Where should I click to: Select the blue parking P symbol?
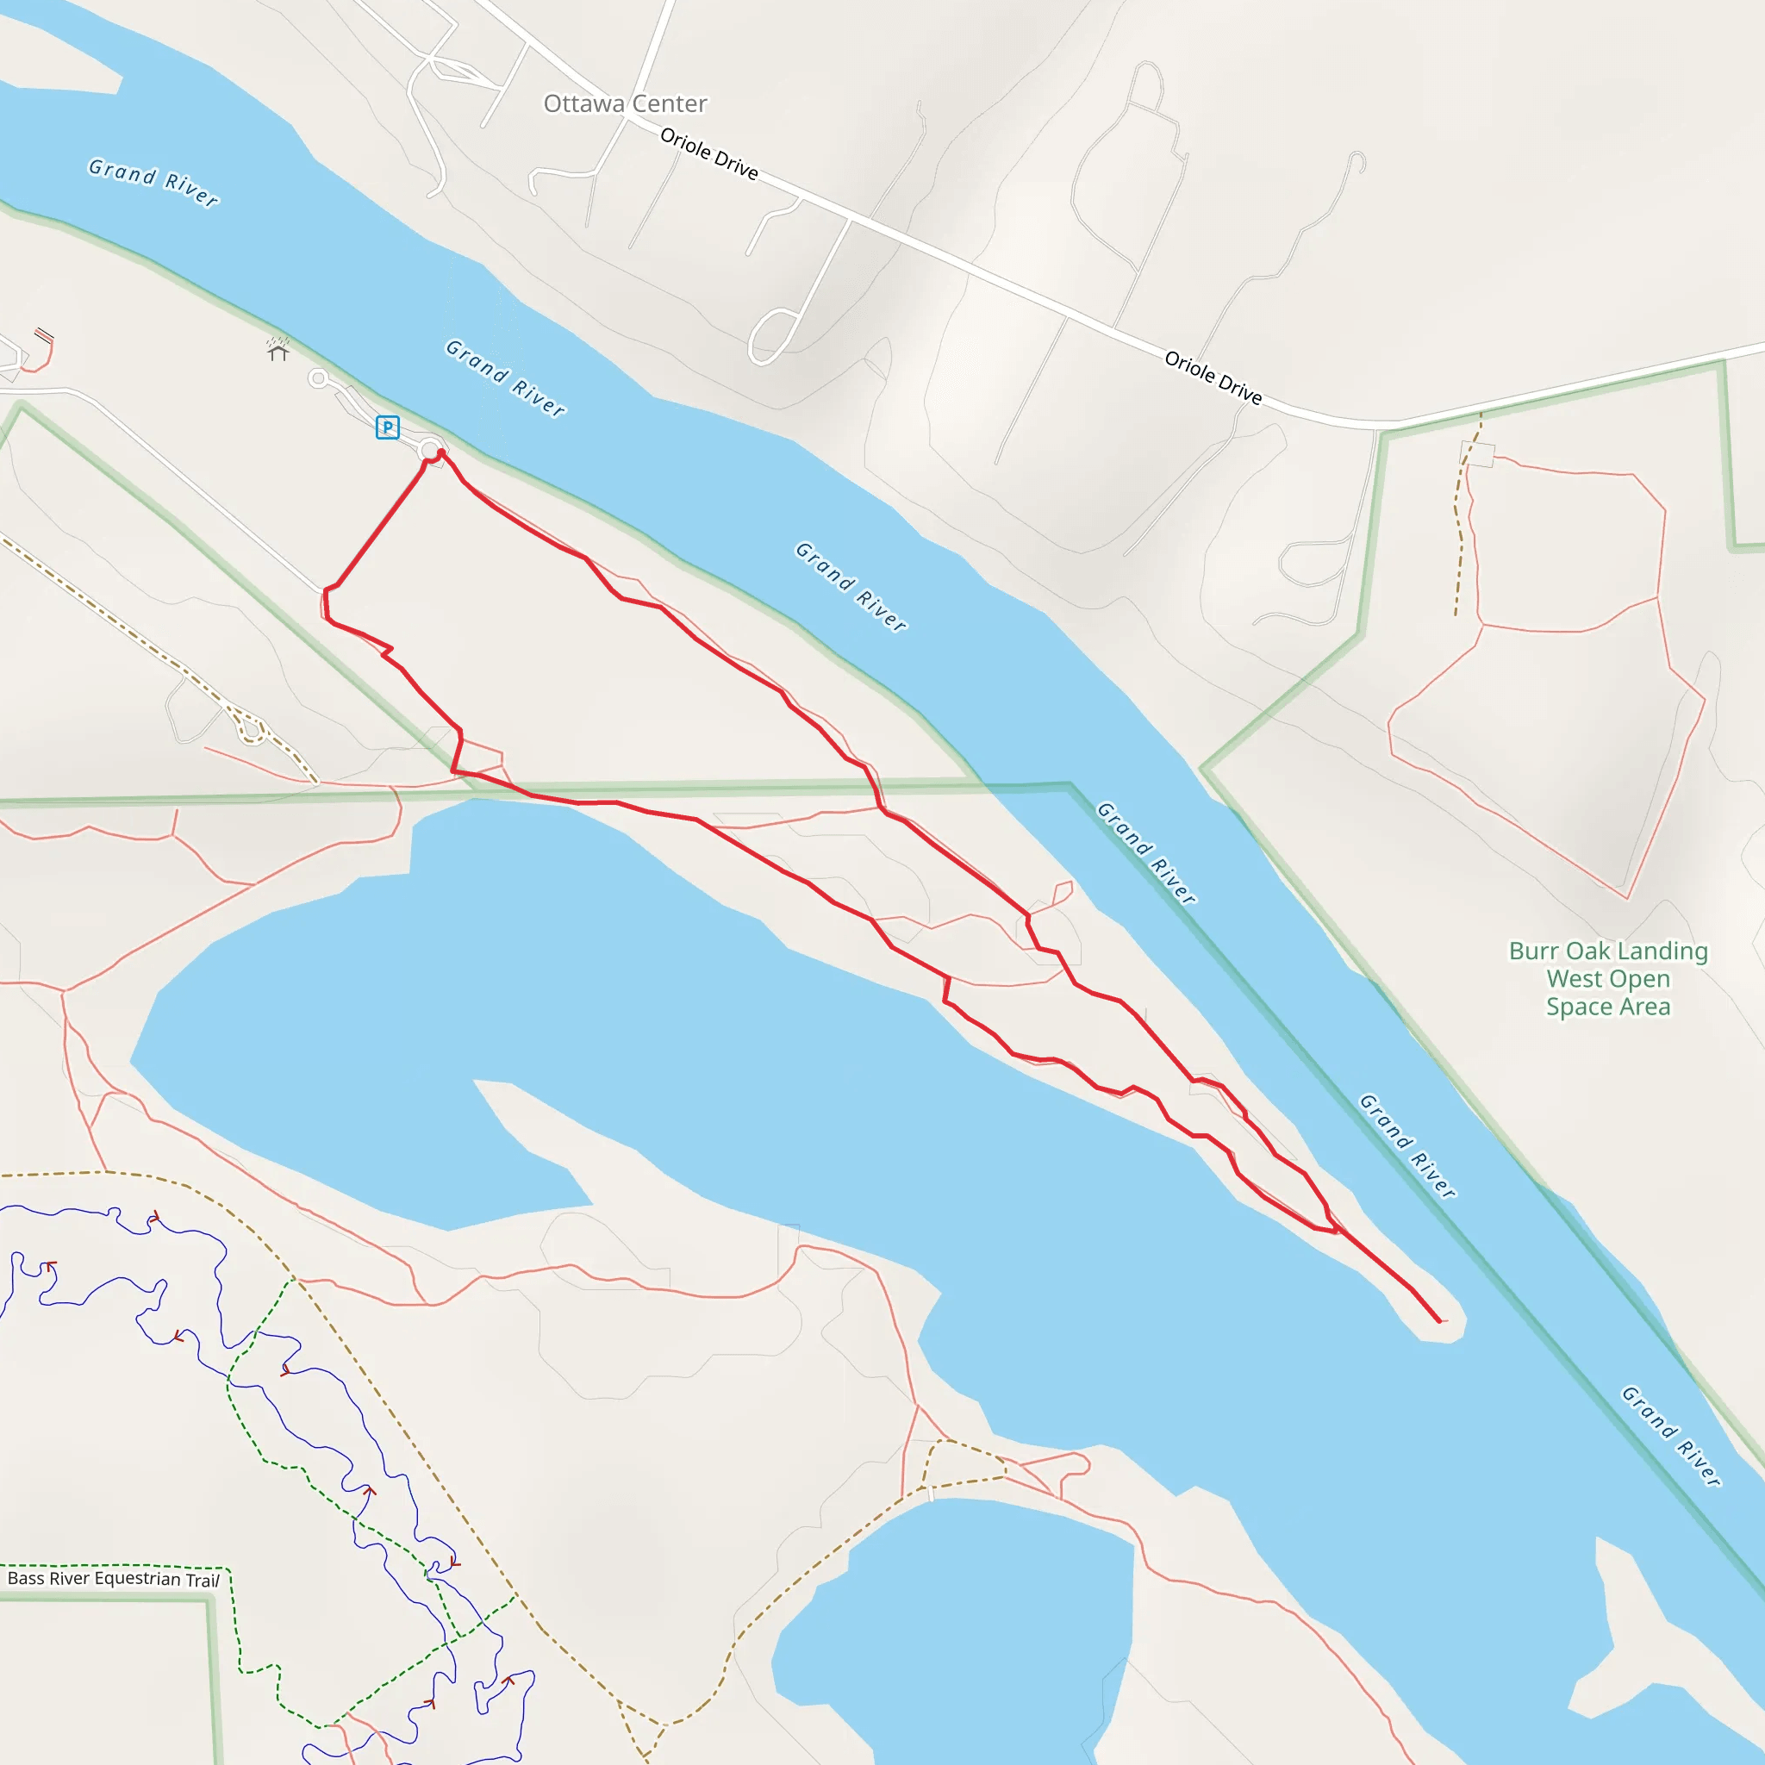click(x=387, y=427)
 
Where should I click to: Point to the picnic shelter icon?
click(x=278, y=350)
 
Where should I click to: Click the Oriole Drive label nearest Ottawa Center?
click(x=709, y=153)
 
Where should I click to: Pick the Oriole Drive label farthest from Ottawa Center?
click(x=1213, y=377)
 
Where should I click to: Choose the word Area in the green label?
click(x=1645, y=1007)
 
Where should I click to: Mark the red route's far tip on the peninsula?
click(x=1440, y=1321)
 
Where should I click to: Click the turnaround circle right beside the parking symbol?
click(x=429, y=450)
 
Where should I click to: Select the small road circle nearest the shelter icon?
click(x=318, y=378)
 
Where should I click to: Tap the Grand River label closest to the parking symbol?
click(x=505, y=377)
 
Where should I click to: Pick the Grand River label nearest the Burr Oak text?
click(x=1408, y=1145)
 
